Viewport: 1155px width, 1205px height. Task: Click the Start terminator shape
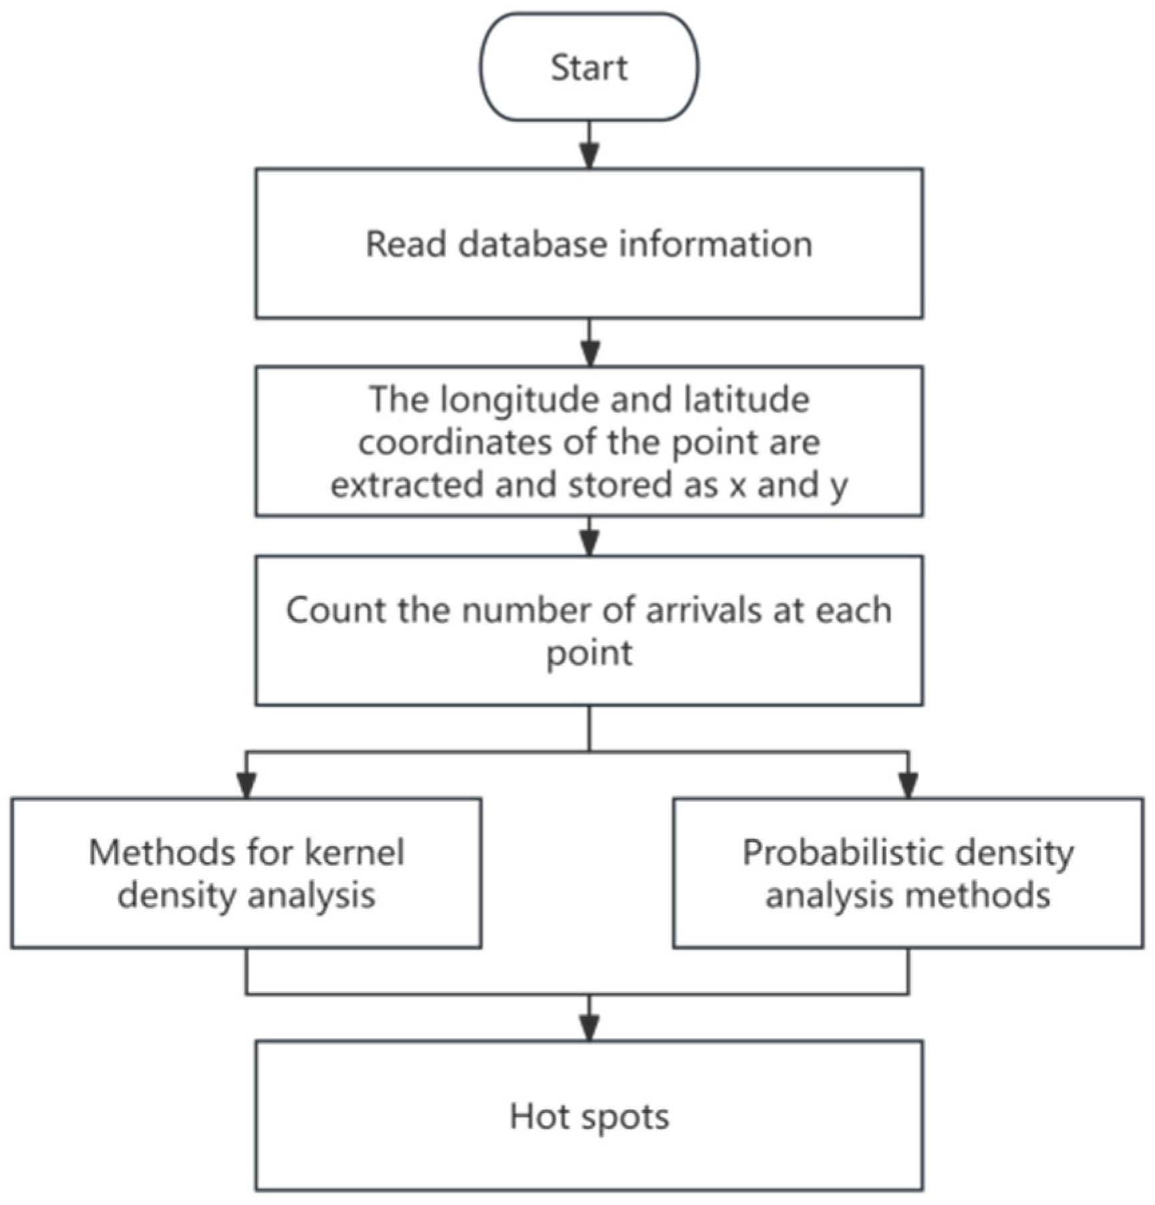[589, 67]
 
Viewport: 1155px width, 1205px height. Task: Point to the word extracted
[407, 485]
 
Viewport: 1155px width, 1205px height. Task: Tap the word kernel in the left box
[353, 853]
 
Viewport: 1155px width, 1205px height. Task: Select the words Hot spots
[589, 1116]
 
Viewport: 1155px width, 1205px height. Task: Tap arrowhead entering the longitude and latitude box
[589, 354]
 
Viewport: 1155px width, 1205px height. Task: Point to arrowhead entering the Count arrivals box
[589, 544]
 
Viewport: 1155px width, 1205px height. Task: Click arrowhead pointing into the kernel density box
[246, 786]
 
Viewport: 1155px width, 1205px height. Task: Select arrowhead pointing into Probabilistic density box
[908, 786]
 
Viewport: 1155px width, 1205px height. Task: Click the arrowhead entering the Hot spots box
[589, 1029]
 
